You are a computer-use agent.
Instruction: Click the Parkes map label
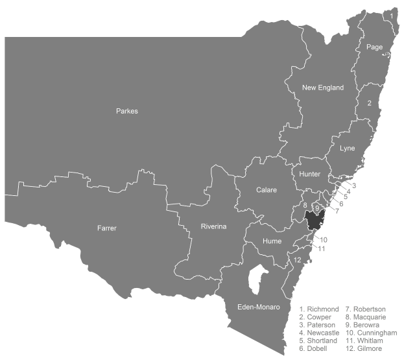pyautogui.click(x=126, y=111)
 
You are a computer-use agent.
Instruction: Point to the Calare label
pyautogui.click(x=266, y=190)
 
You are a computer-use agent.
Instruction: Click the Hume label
pyautogui.click(x=272, y=241)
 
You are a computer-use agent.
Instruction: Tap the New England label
pyautogui.click(x=322, y=88)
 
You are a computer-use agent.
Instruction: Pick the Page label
pyautogui.click(x=374, y=47)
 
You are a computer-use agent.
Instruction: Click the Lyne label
pyautogui.click(x=348, y=148)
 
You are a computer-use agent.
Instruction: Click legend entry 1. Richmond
pyautogui.click(x=319, y=309)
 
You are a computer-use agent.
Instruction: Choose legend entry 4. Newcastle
pyautogui.click(x=319, y=332)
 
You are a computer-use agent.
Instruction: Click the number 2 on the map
pyautogui.click(x=369, y=103)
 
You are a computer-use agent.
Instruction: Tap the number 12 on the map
pyautogui.click(x=297, y=260)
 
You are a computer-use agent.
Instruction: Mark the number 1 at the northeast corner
pyautogui.click(x=392, y=14)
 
